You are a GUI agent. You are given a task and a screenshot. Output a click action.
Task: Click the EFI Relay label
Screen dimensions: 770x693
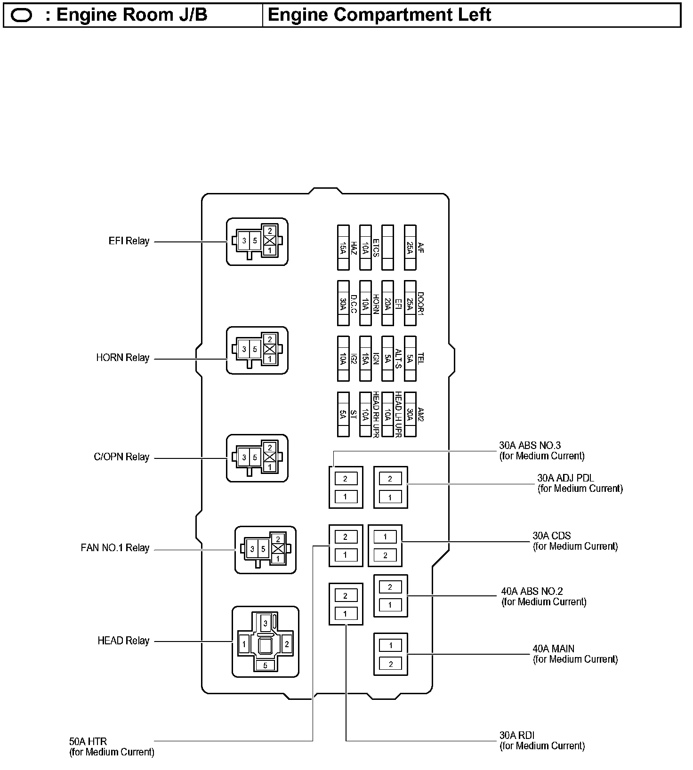click(129, 241)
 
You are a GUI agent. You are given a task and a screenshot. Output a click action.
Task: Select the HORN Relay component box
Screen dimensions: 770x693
click(257, 350)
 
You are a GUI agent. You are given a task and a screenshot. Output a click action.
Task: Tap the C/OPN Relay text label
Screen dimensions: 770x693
click(121, 457)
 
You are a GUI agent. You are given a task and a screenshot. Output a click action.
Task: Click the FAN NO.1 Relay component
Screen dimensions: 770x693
click(266, 550)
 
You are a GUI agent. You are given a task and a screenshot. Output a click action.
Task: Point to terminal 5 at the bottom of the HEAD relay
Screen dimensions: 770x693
click(266, 665)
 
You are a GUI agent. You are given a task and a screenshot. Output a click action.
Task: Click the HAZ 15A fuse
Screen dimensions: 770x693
click(343, 248)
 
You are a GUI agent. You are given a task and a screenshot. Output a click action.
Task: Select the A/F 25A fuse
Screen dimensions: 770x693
click(410, 248)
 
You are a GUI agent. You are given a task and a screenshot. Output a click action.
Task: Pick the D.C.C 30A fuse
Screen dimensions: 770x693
click(343, 303)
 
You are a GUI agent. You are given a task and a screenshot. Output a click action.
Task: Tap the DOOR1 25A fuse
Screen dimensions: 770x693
click(410, 303)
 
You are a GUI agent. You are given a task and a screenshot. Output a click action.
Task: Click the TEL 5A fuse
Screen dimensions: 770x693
click(410, 359)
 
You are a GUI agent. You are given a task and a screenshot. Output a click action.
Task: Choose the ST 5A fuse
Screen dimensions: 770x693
click(343, 414)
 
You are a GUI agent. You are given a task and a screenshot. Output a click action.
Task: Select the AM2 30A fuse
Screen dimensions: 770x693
click(410, 414)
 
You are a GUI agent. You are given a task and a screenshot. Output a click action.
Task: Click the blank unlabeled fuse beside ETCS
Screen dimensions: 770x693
click(387, 248)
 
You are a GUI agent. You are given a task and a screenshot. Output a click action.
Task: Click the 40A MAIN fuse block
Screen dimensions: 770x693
click(390, 654)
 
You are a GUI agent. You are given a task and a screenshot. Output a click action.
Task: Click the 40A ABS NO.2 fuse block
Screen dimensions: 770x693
click(390, 596)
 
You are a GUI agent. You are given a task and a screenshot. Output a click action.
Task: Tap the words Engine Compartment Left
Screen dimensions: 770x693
click(379, 15)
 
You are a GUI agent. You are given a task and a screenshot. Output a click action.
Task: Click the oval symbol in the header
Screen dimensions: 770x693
click(21, 16)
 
